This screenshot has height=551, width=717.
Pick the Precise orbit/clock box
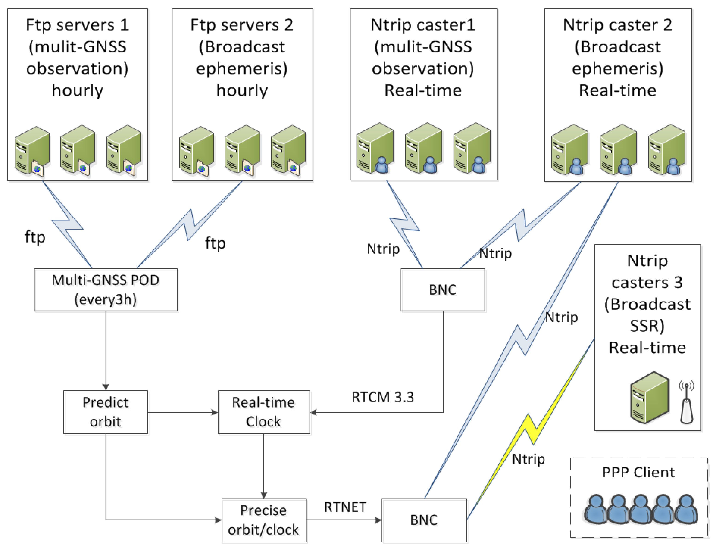tap(263, 520)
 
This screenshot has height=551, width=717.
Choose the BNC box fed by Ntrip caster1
tap(442, 290)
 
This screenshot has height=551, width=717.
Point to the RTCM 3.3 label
tap(382, 397)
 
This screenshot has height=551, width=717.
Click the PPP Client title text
tap(638, 472)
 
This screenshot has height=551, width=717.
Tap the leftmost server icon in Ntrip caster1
tap(375, 148)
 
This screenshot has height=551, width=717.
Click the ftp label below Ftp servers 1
tap(35, 237)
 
